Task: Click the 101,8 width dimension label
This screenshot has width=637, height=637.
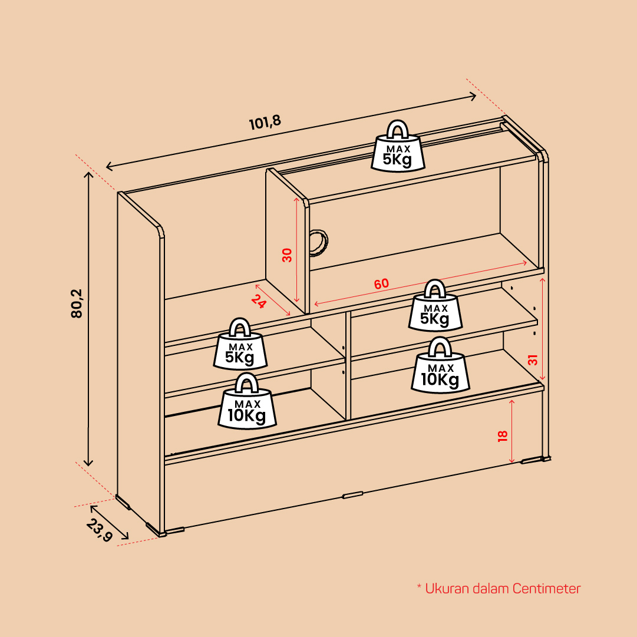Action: [265, 123]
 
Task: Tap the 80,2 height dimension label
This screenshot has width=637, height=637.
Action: [77, 303]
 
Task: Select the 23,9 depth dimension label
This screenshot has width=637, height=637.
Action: [99, 530]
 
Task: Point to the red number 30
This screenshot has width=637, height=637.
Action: [287, 255]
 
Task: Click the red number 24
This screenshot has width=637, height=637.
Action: [258, 301]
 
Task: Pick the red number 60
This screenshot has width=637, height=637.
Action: [381, 283]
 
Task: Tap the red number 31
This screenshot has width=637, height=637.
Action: [533, 360]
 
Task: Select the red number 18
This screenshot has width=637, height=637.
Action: [503, 436]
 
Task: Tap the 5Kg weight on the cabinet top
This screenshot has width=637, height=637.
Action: [398, 146]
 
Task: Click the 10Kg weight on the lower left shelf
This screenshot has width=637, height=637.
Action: [247, 401]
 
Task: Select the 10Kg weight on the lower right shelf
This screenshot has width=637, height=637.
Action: [440, 365]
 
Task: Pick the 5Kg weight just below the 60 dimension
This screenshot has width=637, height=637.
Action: [435, 305]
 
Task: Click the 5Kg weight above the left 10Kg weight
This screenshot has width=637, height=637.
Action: [240, 344]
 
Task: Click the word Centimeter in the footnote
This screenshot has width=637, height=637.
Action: [546, 589]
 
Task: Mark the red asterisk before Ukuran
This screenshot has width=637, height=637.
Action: [419, 586]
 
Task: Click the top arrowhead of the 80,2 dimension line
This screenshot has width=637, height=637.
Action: [88, 174]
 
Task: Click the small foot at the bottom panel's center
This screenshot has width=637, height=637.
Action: [352, 495]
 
